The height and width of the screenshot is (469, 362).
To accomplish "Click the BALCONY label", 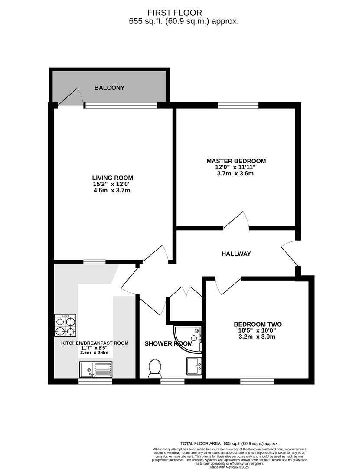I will click(x=109, y=88).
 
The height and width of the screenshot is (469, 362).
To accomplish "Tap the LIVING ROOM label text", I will click(x=112, y=178).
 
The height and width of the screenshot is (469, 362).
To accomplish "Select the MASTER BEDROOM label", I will click(x=236, y=161).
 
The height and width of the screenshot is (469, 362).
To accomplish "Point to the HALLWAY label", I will click(x=236, y=254).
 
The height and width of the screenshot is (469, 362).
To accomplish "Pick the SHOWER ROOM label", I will click(x=168, y=343).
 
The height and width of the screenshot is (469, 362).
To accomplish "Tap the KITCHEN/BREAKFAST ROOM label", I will click(x=94, y=343).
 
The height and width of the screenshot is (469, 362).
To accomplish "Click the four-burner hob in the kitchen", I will click(x=65, y=325).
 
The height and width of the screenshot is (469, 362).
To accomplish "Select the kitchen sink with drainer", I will click(x=95, y=370).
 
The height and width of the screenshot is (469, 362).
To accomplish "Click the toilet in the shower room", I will click(x=154, y=368).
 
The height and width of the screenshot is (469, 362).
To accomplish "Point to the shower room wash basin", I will click(x=194, y=366).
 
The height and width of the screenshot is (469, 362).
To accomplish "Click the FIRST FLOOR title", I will click(x=181, y=13).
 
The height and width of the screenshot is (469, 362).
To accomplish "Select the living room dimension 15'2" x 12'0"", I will click(x=112, y=184).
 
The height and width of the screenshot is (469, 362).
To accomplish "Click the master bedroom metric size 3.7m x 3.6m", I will click(x=235, y=174).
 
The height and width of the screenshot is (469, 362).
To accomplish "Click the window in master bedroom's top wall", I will click(x=238, y=105).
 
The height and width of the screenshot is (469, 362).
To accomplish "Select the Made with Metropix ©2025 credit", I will click(x=236, y=467).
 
